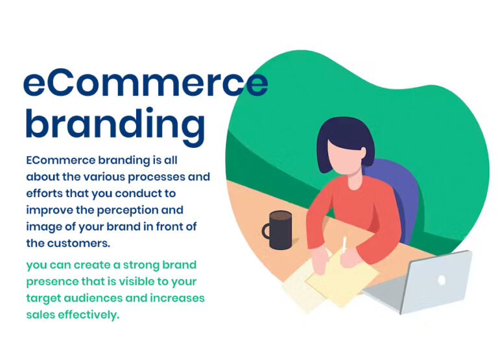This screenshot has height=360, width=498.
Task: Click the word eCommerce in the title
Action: click(145, 82)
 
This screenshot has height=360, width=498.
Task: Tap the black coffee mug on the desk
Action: click(279, 230)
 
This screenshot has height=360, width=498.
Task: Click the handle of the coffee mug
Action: click(267, 232)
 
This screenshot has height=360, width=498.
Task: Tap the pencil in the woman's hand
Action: click(344, 246)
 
